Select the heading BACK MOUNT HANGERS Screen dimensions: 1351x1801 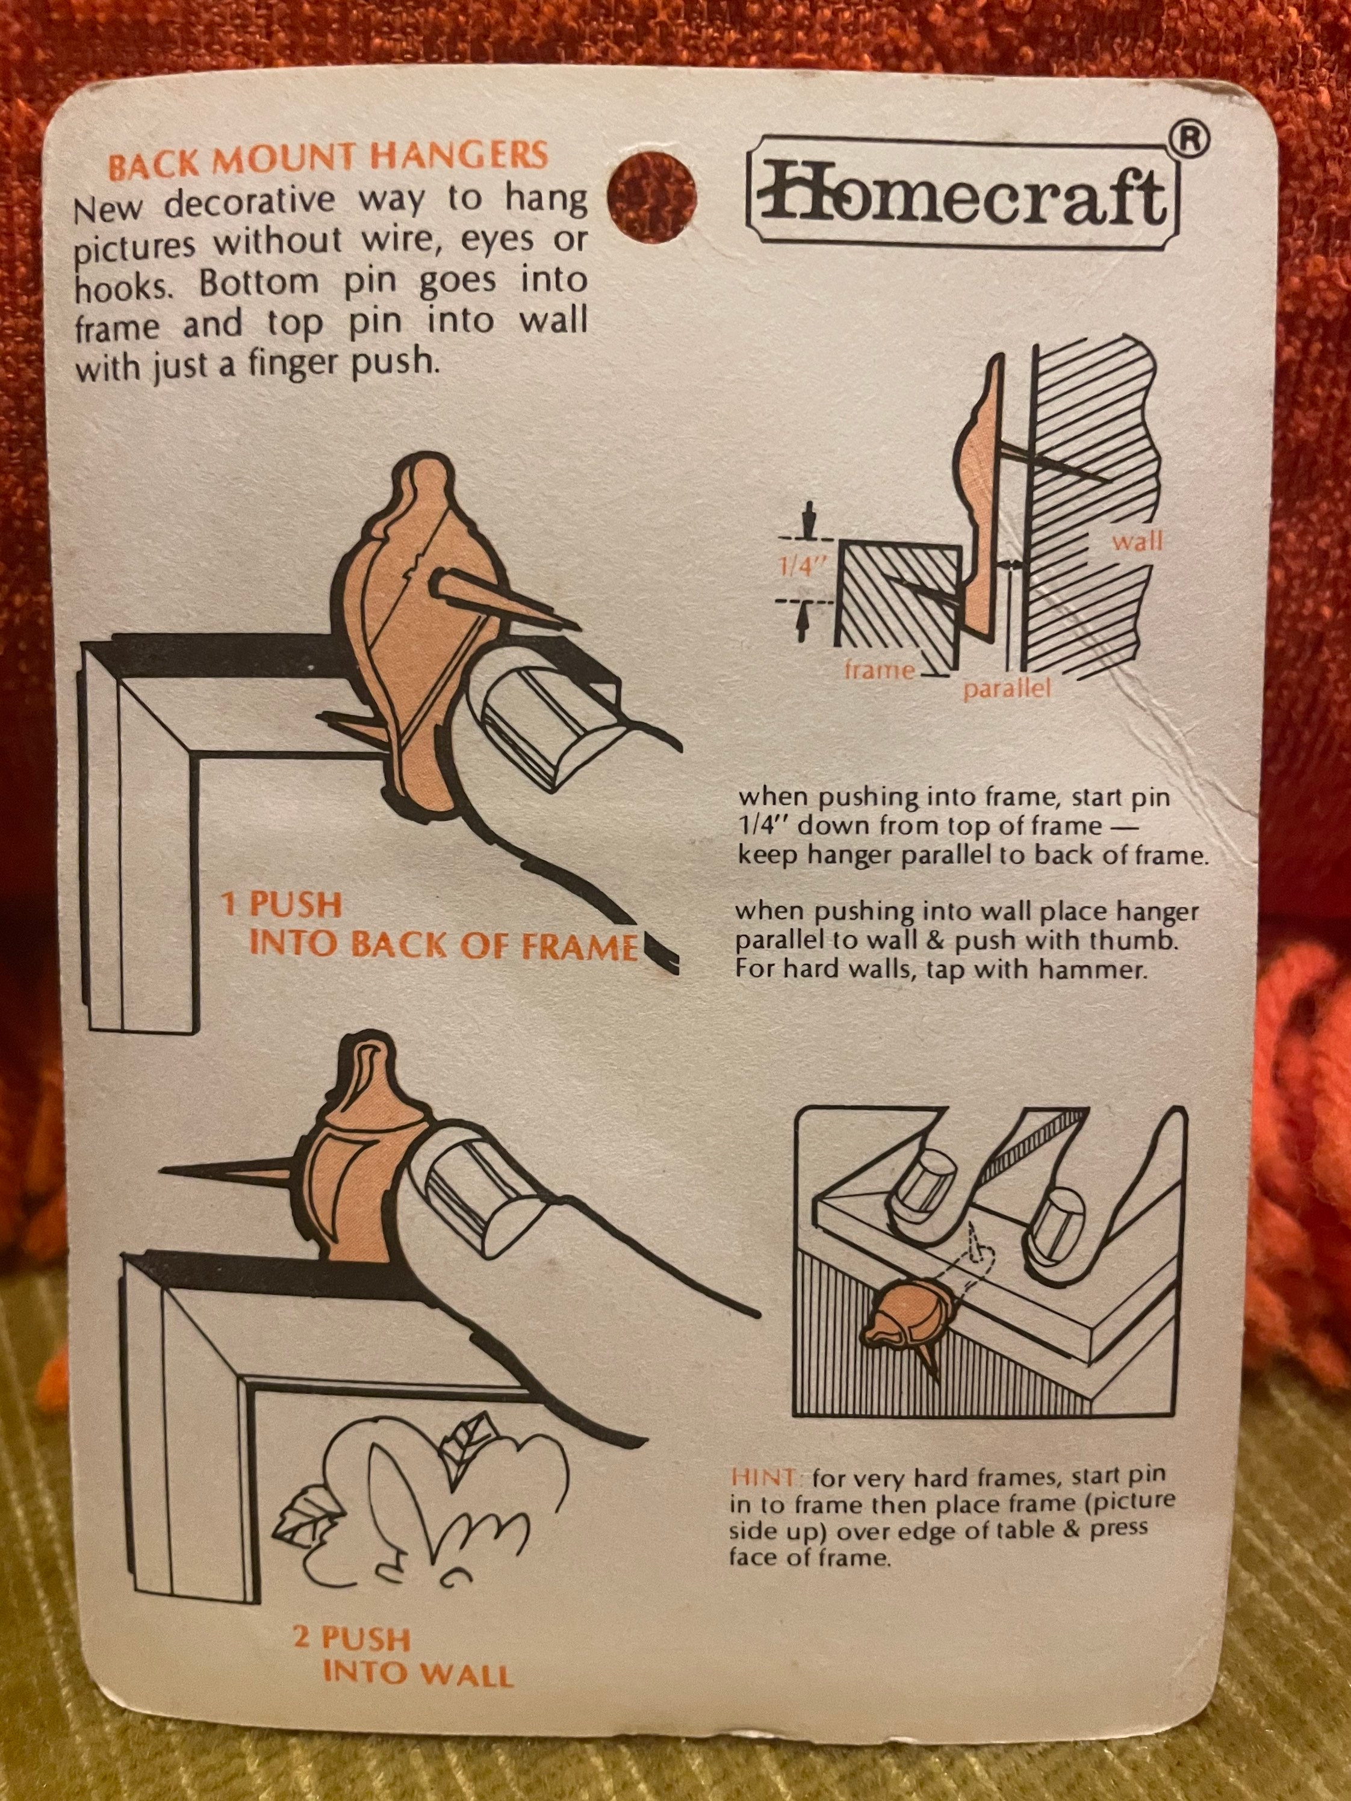(328, 160)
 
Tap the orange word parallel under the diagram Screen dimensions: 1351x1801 (1007, 690)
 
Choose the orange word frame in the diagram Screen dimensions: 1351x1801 (880, 670)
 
